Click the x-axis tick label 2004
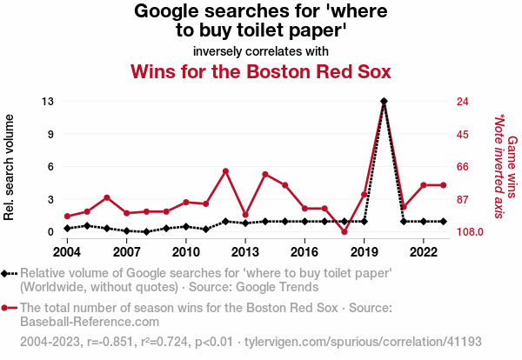click(x=67, y=252)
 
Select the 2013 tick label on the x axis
click(x=245, y=252)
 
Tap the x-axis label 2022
click(x=424, y=252)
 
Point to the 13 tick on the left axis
click(x=49, y=102)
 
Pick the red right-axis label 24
click(x=463, y=102)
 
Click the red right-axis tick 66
click(x=463, y=167)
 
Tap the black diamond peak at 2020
click(x=384, y=102)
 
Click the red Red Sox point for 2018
click(x=344, y=232)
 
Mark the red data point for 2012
click(x=225, y=171)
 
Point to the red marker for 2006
click(x=106, y=197)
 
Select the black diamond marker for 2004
click(x=67, y=229)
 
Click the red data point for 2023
click(x=443, y=184)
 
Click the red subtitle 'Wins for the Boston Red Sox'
click(x=261, y=70)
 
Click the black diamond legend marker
click(x=10, y=273)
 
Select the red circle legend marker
click(x=10, y=307)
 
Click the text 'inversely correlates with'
click(x=261, y=50)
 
